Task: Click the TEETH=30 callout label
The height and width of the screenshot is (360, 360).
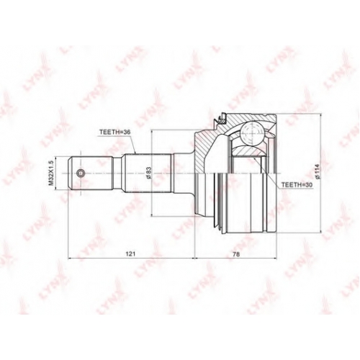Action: [296, 185]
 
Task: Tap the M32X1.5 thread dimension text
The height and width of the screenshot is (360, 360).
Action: [50, 173]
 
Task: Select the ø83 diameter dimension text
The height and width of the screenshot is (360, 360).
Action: [149, 173]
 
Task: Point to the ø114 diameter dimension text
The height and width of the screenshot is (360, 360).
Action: [318, 172]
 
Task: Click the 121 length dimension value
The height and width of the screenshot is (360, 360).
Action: [131, 254]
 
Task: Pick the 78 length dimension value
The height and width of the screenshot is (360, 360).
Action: [236, 254]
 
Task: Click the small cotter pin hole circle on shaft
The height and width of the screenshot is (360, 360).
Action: [81, 173]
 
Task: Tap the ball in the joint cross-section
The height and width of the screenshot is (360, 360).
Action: [252, 132]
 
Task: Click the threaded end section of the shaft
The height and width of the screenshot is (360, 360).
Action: [91, 174]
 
